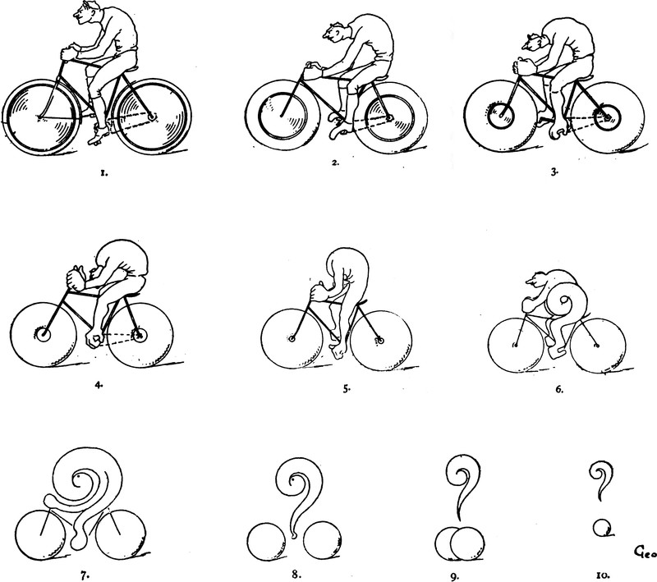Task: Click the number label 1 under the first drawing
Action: tap(104, 173)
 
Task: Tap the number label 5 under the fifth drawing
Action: tap(347, 388)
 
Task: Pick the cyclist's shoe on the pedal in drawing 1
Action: tap(99, 135)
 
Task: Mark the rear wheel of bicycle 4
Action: tap(172, 333)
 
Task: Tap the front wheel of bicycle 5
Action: tap(262, 339)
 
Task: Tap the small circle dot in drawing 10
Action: tap(595, 527)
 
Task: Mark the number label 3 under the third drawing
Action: tap(554, 172)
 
